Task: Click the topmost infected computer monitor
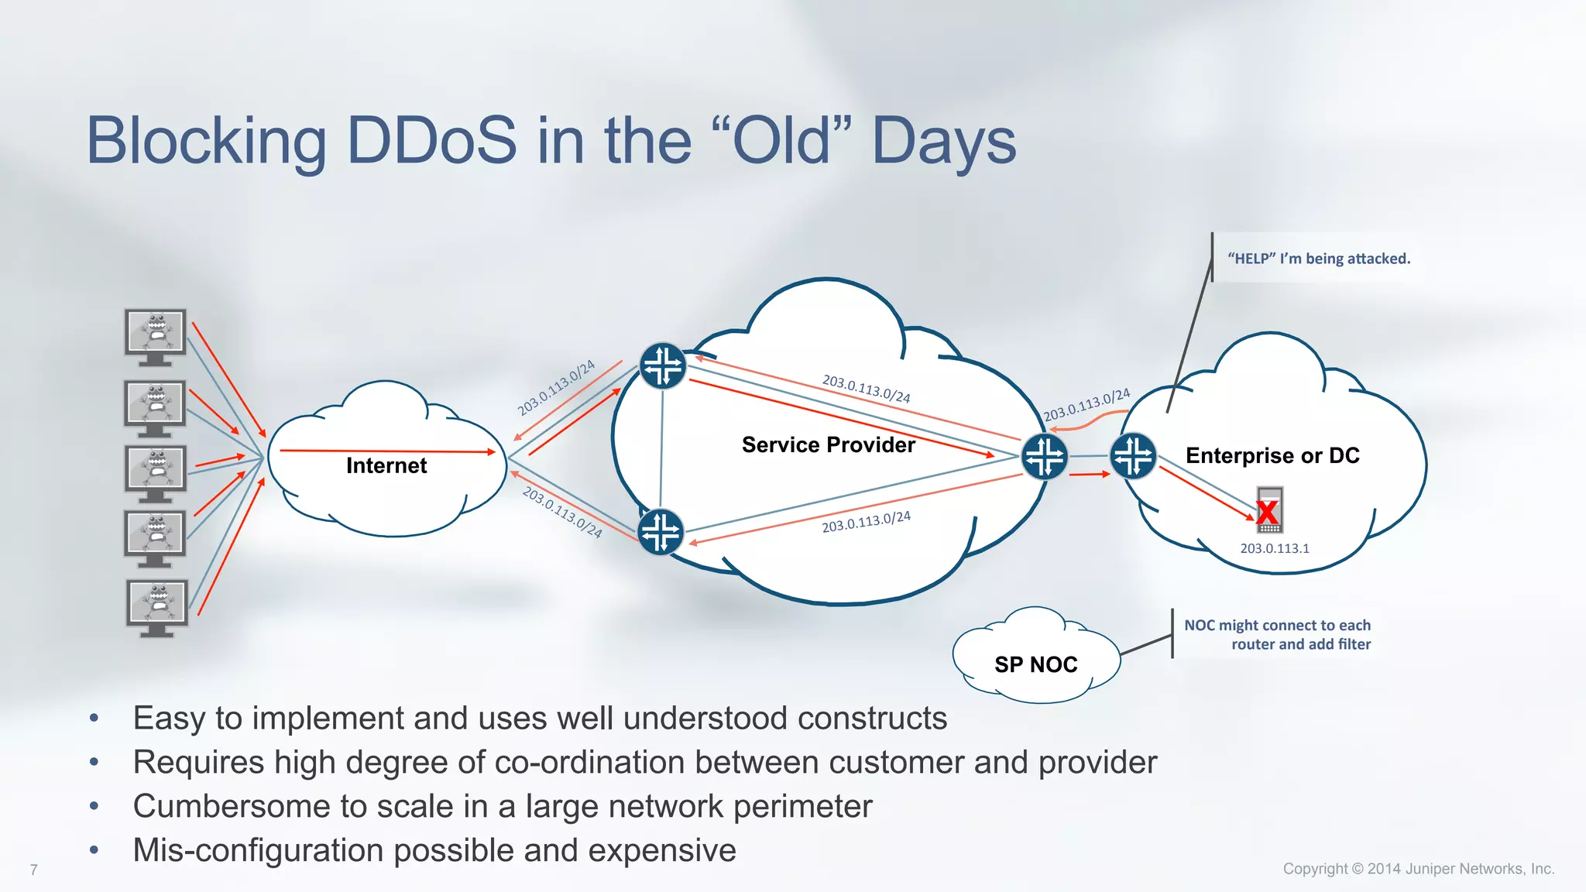[x=156, y=335]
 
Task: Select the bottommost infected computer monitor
[x=156, y=606]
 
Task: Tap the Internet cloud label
[x=386, y=465]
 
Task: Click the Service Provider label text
[x=828, y=444]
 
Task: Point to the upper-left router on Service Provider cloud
[x=663, y=365]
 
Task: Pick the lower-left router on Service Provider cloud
[x=661, y=532]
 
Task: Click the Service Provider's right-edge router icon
[x=1045, y=456]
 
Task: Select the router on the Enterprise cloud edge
[x=1133, y=456]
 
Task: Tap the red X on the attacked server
[x=1268, y=512]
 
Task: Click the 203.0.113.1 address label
[x=1275, y=548]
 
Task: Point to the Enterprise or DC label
[x=1272, y=455]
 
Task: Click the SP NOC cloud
[x=1036, y=658]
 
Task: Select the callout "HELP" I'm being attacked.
[x=1319, y=259]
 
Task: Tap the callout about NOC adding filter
[x=1278, y=634]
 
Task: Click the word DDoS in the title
[x=431, y=141]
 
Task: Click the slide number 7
[x=33, y=870]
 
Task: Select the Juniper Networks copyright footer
[x=1418, y=869]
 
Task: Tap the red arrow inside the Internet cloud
[x=387, y=451]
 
